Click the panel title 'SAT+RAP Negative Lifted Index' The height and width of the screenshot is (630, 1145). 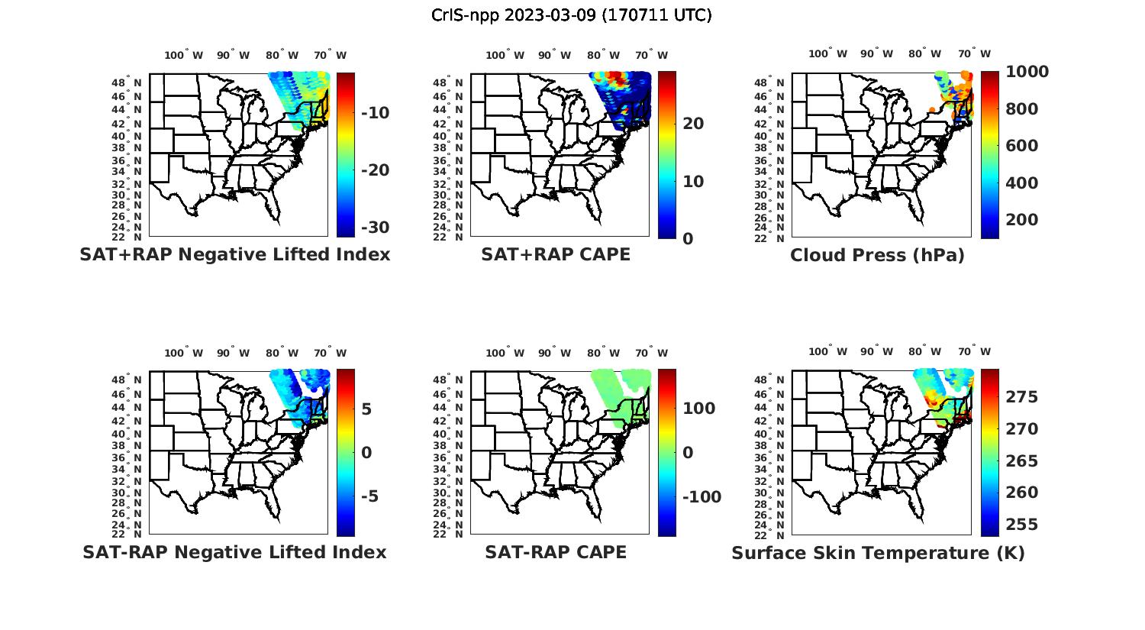tap(234, 255)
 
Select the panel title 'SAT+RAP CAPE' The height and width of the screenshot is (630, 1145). tap(556, 255)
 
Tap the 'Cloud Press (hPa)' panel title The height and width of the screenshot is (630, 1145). tap(877, 256)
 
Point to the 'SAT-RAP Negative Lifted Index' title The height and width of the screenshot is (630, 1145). tap(234, 552)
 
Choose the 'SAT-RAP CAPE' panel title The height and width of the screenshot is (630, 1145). tap(556, 552)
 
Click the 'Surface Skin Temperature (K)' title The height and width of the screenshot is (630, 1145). tap(878, 553)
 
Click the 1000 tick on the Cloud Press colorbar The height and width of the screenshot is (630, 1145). tap(1027, 72)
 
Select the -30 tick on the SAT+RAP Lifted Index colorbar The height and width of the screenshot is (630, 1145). tap(374, 228)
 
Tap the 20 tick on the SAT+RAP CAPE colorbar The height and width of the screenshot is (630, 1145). tap(693, 124)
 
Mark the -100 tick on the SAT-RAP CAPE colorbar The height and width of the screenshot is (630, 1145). tap(702, 497)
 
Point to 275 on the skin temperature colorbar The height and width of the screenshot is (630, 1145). tap(1021, 397)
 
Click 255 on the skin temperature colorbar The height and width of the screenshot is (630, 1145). tap(1021, 525)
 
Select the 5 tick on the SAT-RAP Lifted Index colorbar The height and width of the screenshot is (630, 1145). tap(366, 409)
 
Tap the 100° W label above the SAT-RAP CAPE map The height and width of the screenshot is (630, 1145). tap(505, 353)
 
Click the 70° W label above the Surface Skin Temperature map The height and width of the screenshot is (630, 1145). tap(974, 351)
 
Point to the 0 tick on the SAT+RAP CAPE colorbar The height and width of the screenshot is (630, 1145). tap(688, 239)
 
